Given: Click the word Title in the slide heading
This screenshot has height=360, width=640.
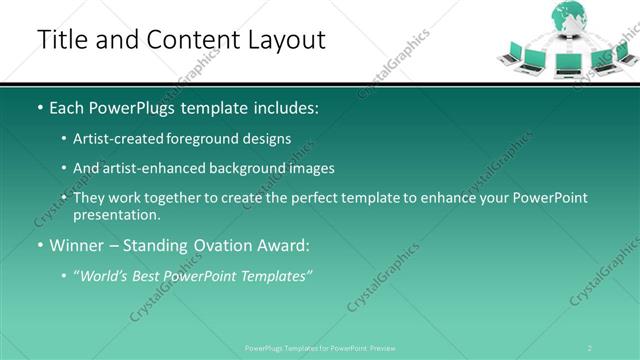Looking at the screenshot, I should point(63,39).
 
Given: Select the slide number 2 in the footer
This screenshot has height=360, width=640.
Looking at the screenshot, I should point(590,347).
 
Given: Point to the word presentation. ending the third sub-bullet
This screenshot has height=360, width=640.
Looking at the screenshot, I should point(116,214).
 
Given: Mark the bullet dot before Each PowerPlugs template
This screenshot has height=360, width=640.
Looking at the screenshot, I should point(39,107).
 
